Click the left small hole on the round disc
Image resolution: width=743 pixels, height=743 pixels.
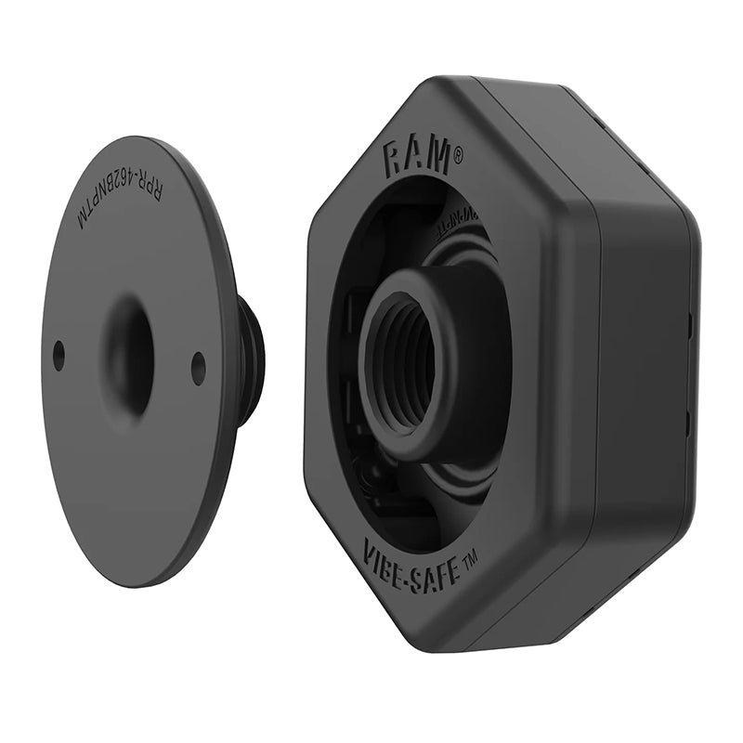(59, 354)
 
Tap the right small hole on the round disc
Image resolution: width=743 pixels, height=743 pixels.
(198, 367)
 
